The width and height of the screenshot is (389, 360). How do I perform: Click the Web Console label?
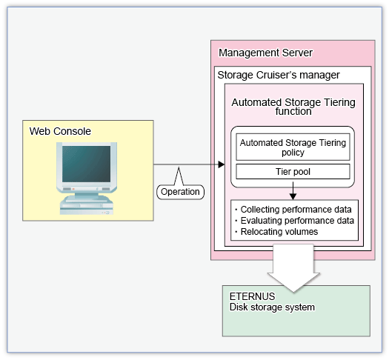pos(60,131)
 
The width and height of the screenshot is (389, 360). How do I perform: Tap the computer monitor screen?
pos(87,164)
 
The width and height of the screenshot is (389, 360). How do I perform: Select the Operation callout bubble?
pos(180,192)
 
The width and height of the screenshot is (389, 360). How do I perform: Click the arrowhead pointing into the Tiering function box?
pos(222,164)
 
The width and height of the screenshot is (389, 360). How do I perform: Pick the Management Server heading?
pos(265,53)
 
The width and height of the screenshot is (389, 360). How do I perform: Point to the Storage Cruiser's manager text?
pos(279,75)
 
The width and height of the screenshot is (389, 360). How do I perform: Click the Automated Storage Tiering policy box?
pos(293,147)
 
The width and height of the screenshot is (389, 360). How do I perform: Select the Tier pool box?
pos(293,171)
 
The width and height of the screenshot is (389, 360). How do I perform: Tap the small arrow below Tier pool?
pos(293,190)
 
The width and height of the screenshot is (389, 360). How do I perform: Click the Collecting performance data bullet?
pos(293,210)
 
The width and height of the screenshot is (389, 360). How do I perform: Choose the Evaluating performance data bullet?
pos(294,221)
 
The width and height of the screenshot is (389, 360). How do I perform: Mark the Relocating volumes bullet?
pos(276,232)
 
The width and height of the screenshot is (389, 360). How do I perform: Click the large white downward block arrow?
pos(293,268)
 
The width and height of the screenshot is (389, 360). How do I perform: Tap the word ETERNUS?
pos(253,296)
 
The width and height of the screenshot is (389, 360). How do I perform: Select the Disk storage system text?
pos(272,307)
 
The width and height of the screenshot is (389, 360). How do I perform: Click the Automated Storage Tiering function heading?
pos(293,107)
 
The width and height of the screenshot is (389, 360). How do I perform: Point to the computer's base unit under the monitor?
pos(87,205)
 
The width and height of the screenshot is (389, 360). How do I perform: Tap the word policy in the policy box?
pos(293,153)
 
